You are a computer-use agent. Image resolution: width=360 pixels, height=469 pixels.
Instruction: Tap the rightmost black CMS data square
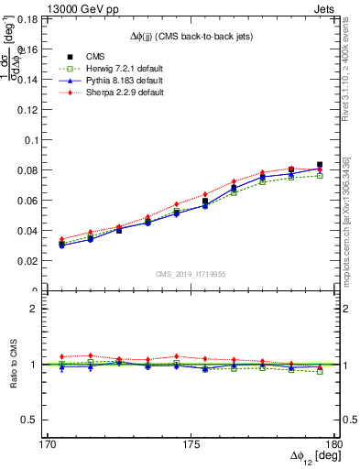pos(320,165)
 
